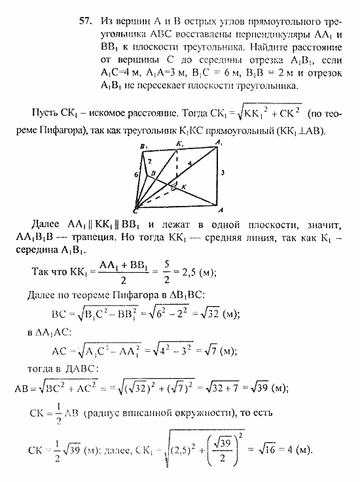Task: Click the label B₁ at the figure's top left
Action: click(x=143, y=147)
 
